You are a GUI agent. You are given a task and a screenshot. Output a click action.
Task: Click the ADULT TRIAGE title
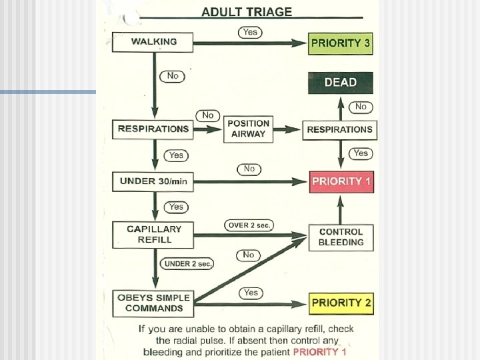[247, 12]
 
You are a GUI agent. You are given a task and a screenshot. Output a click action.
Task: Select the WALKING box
[154, 42]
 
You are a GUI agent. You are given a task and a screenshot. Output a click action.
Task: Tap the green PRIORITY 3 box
[340, 43]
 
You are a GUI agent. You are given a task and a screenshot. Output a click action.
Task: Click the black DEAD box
[340, 83]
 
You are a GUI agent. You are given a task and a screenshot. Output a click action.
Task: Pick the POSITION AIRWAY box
[248, 129]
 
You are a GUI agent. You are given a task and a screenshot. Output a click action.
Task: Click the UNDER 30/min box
[154, 181]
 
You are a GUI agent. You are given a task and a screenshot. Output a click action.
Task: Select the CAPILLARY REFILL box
[154, 234]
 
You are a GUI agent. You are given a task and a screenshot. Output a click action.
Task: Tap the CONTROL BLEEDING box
[341, 237]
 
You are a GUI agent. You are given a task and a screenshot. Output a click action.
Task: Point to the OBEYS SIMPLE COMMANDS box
[154, 303]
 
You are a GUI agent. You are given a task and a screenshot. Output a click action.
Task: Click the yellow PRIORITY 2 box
[341, 303]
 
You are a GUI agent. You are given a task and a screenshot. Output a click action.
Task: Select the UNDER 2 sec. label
[188, 264]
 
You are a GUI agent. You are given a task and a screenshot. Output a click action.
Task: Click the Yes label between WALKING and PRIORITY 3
[249, 32]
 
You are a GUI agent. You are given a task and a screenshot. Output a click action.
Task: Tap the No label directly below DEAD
[361, 107]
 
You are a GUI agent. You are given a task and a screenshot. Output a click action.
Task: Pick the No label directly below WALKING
[172, 76]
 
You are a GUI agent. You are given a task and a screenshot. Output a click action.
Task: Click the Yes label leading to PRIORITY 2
[251, 293]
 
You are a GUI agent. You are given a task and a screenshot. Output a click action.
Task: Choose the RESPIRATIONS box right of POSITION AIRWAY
[339, 129]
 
